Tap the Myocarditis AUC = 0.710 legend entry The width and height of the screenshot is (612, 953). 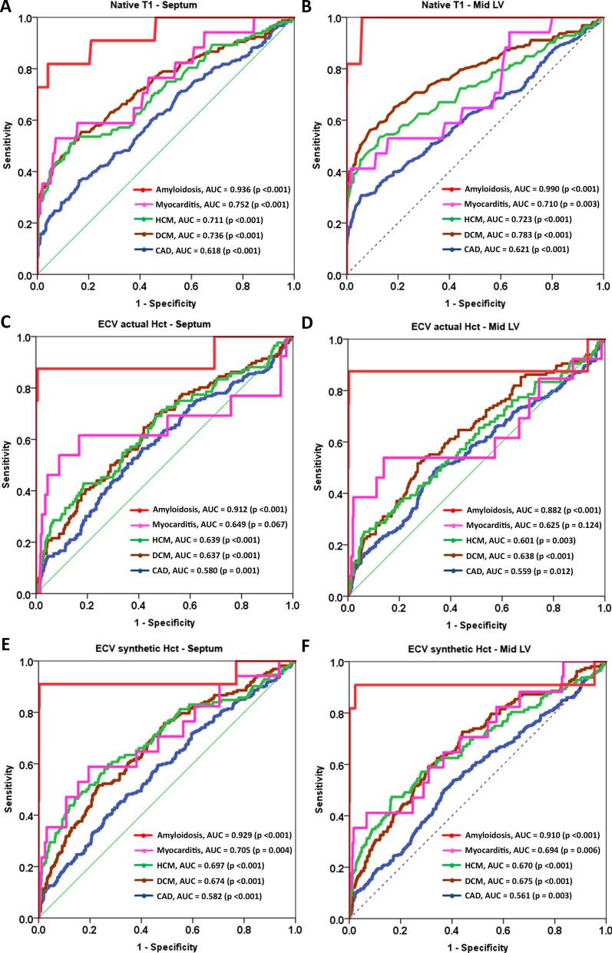pos(518,204)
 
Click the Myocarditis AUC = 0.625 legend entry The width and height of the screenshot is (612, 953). pos(518,525)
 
